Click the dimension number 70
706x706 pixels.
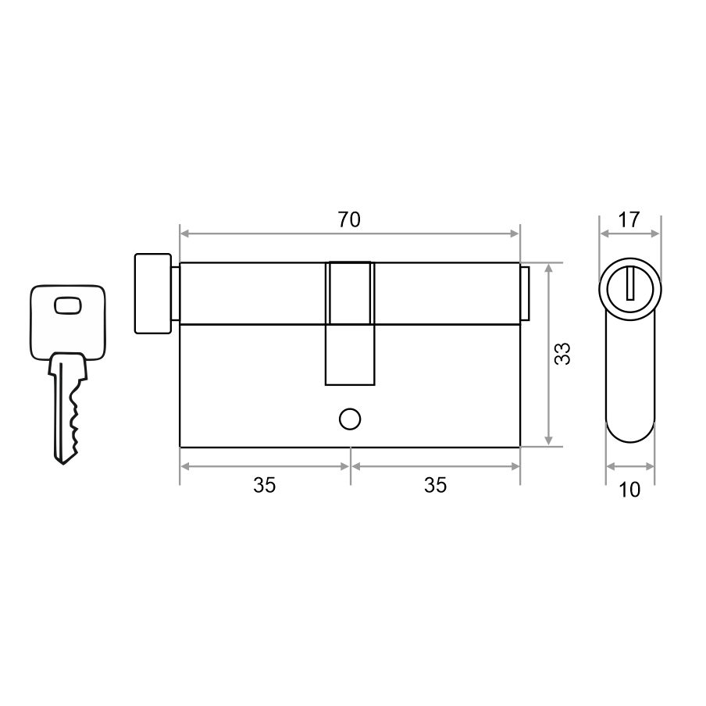pyautogui.click(x=349, y=219)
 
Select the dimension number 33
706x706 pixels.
pyautogui.click(x=562, y=354)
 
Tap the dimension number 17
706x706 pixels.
pyautogui.click(x=629, y=219)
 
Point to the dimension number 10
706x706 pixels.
pyautogui.click(x=629, y=490)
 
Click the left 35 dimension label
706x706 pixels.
pyautogui.click(x=264, y=486)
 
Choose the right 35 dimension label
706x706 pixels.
pyautogui.click(x=436, y=486)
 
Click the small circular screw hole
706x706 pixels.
pyautogui.click(x=349, y=419)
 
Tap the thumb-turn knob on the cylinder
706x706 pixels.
pyautogui.click(x=152, y=294)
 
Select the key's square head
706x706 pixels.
pyautogui.click(x=68, y=323)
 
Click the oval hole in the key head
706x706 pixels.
pyautogui.click(x=68, y=305)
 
